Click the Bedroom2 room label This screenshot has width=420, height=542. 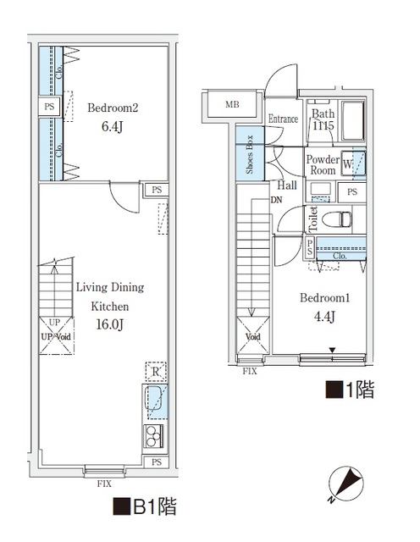tap(113, 108)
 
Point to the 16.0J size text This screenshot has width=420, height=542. tap(111, 324)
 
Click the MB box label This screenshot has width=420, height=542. tap(231, 105)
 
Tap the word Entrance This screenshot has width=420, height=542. tap(283, 119)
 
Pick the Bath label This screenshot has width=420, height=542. tap(323, 114)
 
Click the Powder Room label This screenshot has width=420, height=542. tap(323, 165)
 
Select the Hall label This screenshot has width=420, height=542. tap(286, 185)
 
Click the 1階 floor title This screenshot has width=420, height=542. tap(350, 391)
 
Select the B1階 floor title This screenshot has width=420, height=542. tap(145, 507)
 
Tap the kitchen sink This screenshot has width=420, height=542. tap(156, 401)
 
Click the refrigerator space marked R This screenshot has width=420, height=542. tap(155, 372)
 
